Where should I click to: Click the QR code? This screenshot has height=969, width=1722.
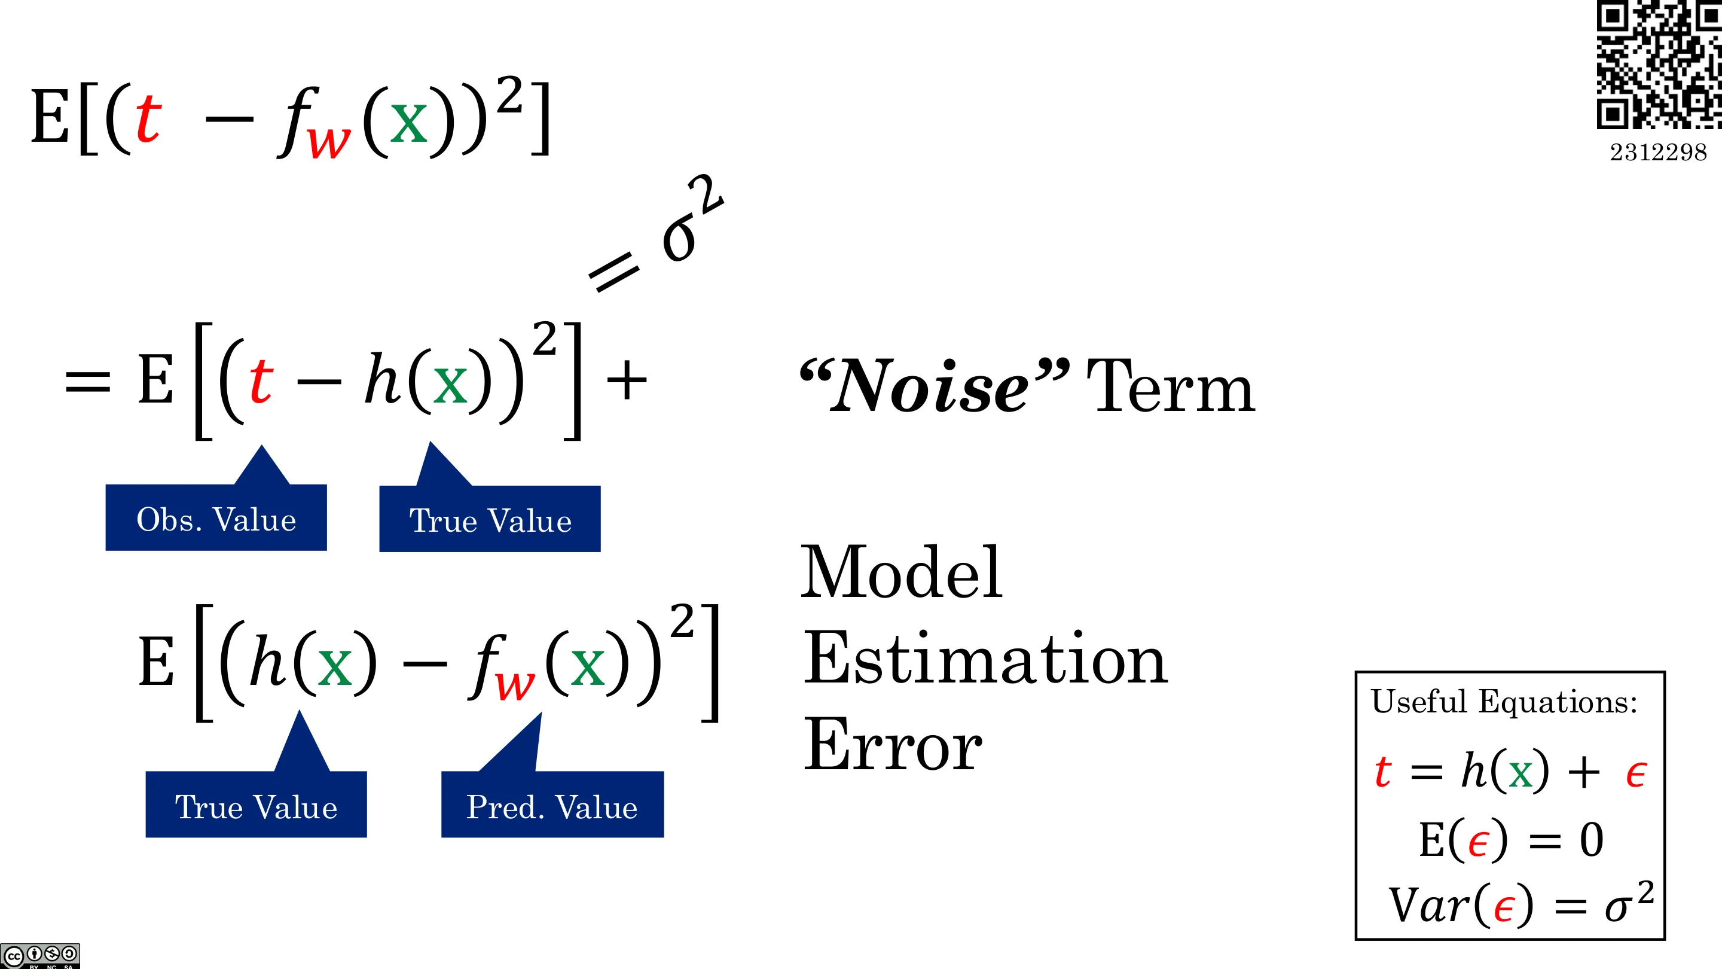(1659, 64)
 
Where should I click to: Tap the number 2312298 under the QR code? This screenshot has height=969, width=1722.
(1659, 153)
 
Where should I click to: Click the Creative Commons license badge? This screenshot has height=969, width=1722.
(40, 956)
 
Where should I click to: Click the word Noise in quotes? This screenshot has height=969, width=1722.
(929, 387)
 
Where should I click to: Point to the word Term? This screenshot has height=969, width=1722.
(1171, 386)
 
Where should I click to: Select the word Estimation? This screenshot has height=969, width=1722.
(985, 659)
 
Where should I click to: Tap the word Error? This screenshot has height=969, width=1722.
(893, 744)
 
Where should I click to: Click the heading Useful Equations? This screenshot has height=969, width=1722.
(1504, 702)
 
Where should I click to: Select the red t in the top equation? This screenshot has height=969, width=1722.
(148, 118)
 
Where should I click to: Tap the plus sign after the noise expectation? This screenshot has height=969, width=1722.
(627, 380)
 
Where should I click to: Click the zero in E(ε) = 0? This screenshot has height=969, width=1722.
(1591, 840)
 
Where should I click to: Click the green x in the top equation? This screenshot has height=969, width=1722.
(408, 123)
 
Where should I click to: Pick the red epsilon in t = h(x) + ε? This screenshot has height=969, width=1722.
(1636, 775)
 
